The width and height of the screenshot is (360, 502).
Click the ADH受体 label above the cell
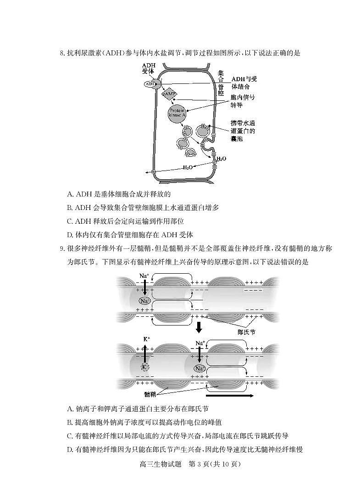point(148,68)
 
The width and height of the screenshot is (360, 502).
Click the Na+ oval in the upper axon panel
point(145,301)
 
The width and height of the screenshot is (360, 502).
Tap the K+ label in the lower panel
point(146,339)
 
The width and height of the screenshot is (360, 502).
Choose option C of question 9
point(177,436)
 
